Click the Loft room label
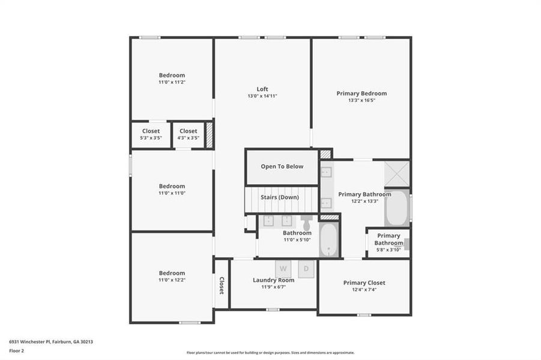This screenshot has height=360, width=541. pyautogui.click(x=262, y=89)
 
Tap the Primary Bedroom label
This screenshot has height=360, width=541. pyautogui.click(x=361, y=93)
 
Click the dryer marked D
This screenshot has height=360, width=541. pyautogui.click(x=306, y=269)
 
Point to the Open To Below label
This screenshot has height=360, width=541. pyautogui.click(x=282, y=166)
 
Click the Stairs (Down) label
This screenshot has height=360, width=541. pyautogui.click(x=280, y=197)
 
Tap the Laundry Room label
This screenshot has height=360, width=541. pyautogui.click(x=273, y=280)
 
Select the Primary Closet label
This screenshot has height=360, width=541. pyautogui.click(x=364, y=283)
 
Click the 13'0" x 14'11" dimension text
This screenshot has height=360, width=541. pyautogui.click(x=262, y=96)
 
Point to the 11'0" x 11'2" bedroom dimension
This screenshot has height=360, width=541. pyautogui.click(x=172, y=82)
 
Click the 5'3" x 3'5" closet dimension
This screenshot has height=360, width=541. pyautogui.click(x=151, y=138)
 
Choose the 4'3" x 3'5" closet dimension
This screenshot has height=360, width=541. pyautogui.click(x=188, y=138)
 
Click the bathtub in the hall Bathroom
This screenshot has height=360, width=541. pyautogui.click(x=329, y=239)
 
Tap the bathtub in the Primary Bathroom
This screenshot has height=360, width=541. pyautogui.click(x=396, y=208)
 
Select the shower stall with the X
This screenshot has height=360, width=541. pyautogui.click(x=397, y=173)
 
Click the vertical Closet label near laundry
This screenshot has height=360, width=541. pyautogui.click(x=221, y=286)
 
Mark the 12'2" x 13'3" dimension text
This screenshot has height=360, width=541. pyautogui.click(x=364, y=201)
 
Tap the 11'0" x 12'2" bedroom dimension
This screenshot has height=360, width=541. pyautogui.click(x=172, y=280)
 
